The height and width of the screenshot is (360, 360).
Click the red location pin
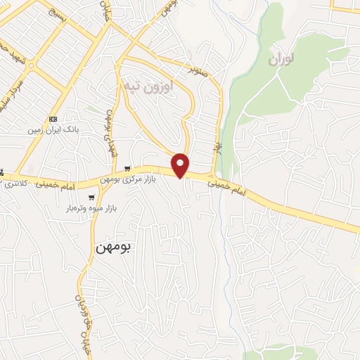[x=181, y=165]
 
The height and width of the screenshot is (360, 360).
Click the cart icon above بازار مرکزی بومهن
[x=127, y=169]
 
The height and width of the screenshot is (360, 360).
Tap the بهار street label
[x=218, y=149]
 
